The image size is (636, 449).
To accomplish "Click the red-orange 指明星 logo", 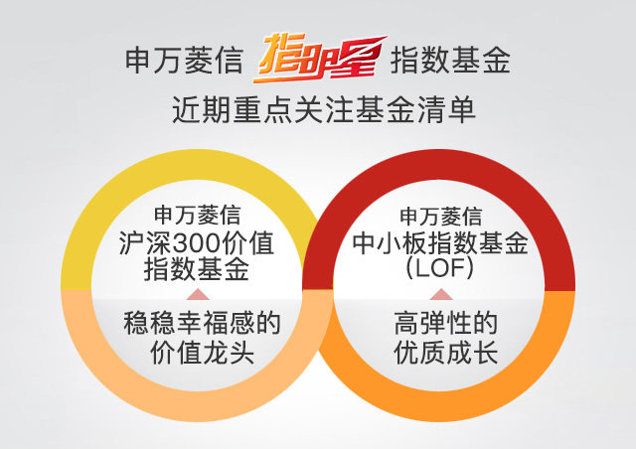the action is tap(320, 58).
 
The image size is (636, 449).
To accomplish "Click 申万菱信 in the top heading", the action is tap(184, 61).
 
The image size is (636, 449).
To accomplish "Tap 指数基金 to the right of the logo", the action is tap(450, 61).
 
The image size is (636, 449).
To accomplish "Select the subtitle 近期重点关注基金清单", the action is tap(324, 110).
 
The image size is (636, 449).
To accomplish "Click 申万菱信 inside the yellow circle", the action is tap(197, 215).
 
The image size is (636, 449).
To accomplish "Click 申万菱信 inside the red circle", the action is tap(440, 217).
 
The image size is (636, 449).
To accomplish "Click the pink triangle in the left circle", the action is tap(198, 294).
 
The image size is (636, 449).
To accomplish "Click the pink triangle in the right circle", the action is tap(441, 294).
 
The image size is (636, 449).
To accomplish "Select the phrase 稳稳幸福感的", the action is tap(202, 323).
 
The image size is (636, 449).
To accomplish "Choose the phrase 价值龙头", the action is tap(202, 352).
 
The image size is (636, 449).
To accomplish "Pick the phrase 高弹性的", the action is tap(445, 323).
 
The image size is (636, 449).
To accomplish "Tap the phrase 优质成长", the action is tap(445, 352).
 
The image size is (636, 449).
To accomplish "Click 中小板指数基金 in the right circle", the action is tap(440, 243).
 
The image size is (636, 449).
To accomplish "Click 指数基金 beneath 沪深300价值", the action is tap(197, 269).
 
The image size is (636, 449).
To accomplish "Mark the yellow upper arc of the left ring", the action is tap(197, 165).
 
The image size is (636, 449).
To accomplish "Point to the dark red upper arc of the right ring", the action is tap(439, 165).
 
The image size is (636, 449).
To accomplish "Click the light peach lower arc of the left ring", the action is tap(197, 406).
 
